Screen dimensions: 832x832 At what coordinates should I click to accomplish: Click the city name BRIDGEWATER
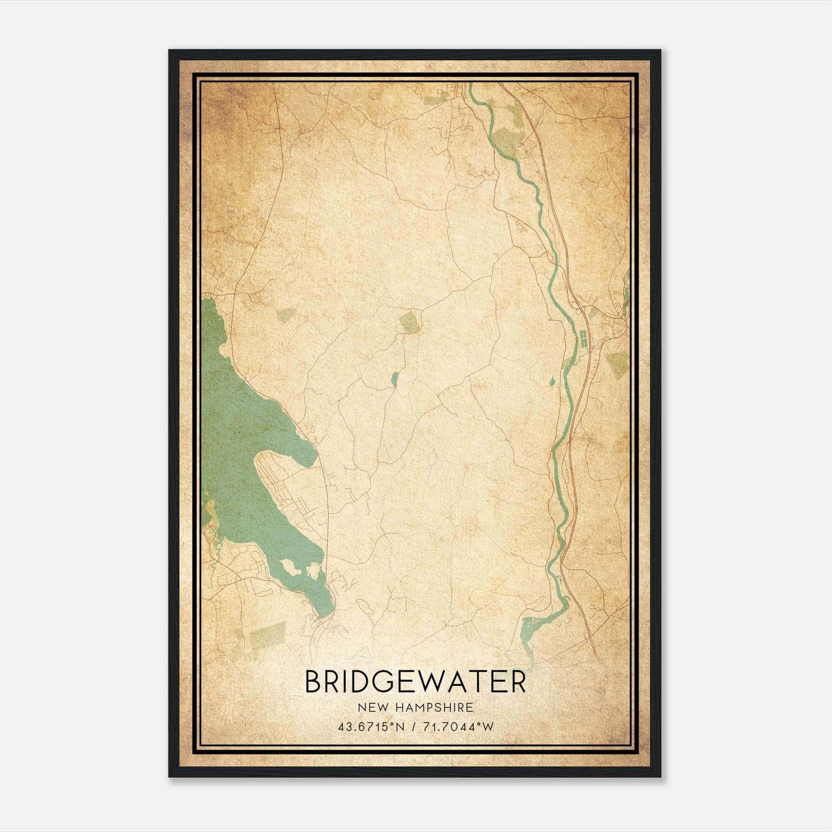(x=415, y=682)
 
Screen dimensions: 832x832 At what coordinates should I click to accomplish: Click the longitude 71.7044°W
(x=459, y=727)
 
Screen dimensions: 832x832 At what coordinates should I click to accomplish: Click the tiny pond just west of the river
(x=552, y=382)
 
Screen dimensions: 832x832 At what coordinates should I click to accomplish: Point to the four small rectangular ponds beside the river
(x=584, y=340)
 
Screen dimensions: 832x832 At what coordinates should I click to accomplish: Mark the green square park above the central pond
(x=410, y=322)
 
